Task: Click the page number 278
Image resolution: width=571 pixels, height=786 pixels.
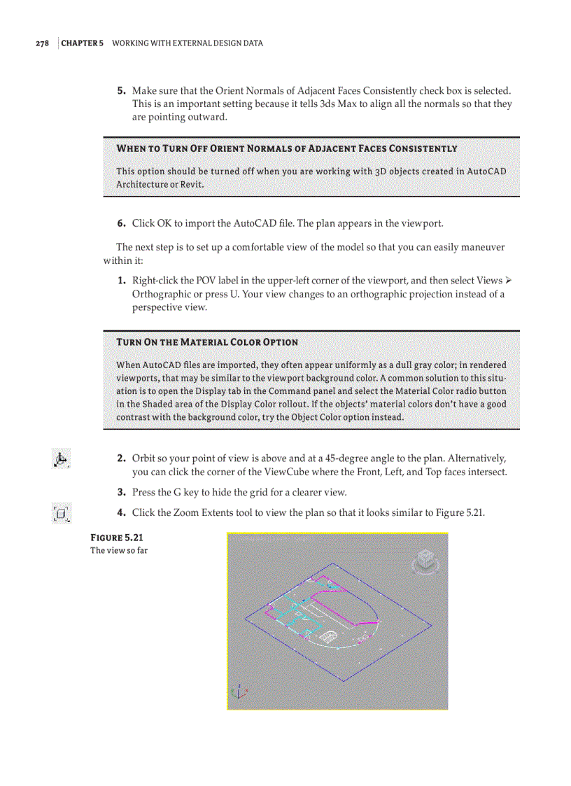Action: [x=42, y=43]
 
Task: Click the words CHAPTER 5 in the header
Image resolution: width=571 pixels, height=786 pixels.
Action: [x=83, y=43]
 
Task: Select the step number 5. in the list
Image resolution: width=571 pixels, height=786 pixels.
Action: [x=120, y=91]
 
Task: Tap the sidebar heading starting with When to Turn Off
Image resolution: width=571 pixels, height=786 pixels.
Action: [x=287, y=148]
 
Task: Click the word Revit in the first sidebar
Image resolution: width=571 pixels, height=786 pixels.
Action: [x=191, y=185]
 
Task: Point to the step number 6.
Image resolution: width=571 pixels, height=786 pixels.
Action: [x=120, y=223]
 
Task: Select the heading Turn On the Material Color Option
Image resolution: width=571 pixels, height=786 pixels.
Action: [x=207, y=342]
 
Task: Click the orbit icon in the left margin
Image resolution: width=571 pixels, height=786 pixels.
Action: [x=61, y=459]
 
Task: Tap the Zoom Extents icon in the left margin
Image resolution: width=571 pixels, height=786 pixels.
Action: [x=61, y=514]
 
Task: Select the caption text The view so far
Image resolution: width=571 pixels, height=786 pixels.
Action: [x=119, y=550]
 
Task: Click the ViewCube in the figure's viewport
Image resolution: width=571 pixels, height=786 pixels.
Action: [x=423, y=560]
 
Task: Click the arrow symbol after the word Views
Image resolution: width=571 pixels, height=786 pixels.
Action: [x=509, y=281]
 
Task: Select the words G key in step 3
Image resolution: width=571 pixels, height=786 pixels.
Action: [x=181, y=492]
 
